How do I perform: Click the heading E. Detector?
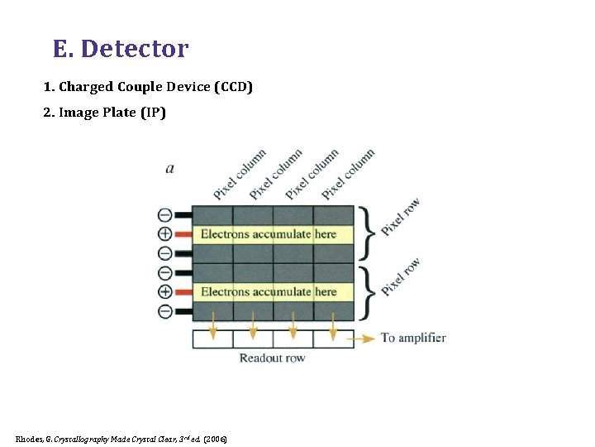pos(121,49)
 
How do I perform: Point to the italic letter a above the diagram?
pos(169,168)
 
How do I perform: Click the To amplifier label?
pos(412,338)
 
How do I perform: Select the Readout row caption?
pos(272,358)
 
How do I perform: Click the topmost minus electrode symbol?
pos(164,215)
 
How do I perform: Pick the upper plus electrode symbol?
pos(164,234)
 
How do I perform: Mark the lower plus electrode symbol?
pos(164,291)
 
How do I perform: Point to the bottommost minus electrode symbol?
pos(164,311)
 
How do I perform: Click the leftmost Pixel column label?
pos(240,175)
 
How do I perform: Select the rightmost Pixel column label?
pos(348,175)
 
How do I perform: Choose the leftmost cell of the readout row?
pos(212,339)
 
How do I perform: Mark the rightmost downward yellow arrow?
pos(332,327)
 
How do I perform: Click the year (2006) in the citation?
pos(214,438)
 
